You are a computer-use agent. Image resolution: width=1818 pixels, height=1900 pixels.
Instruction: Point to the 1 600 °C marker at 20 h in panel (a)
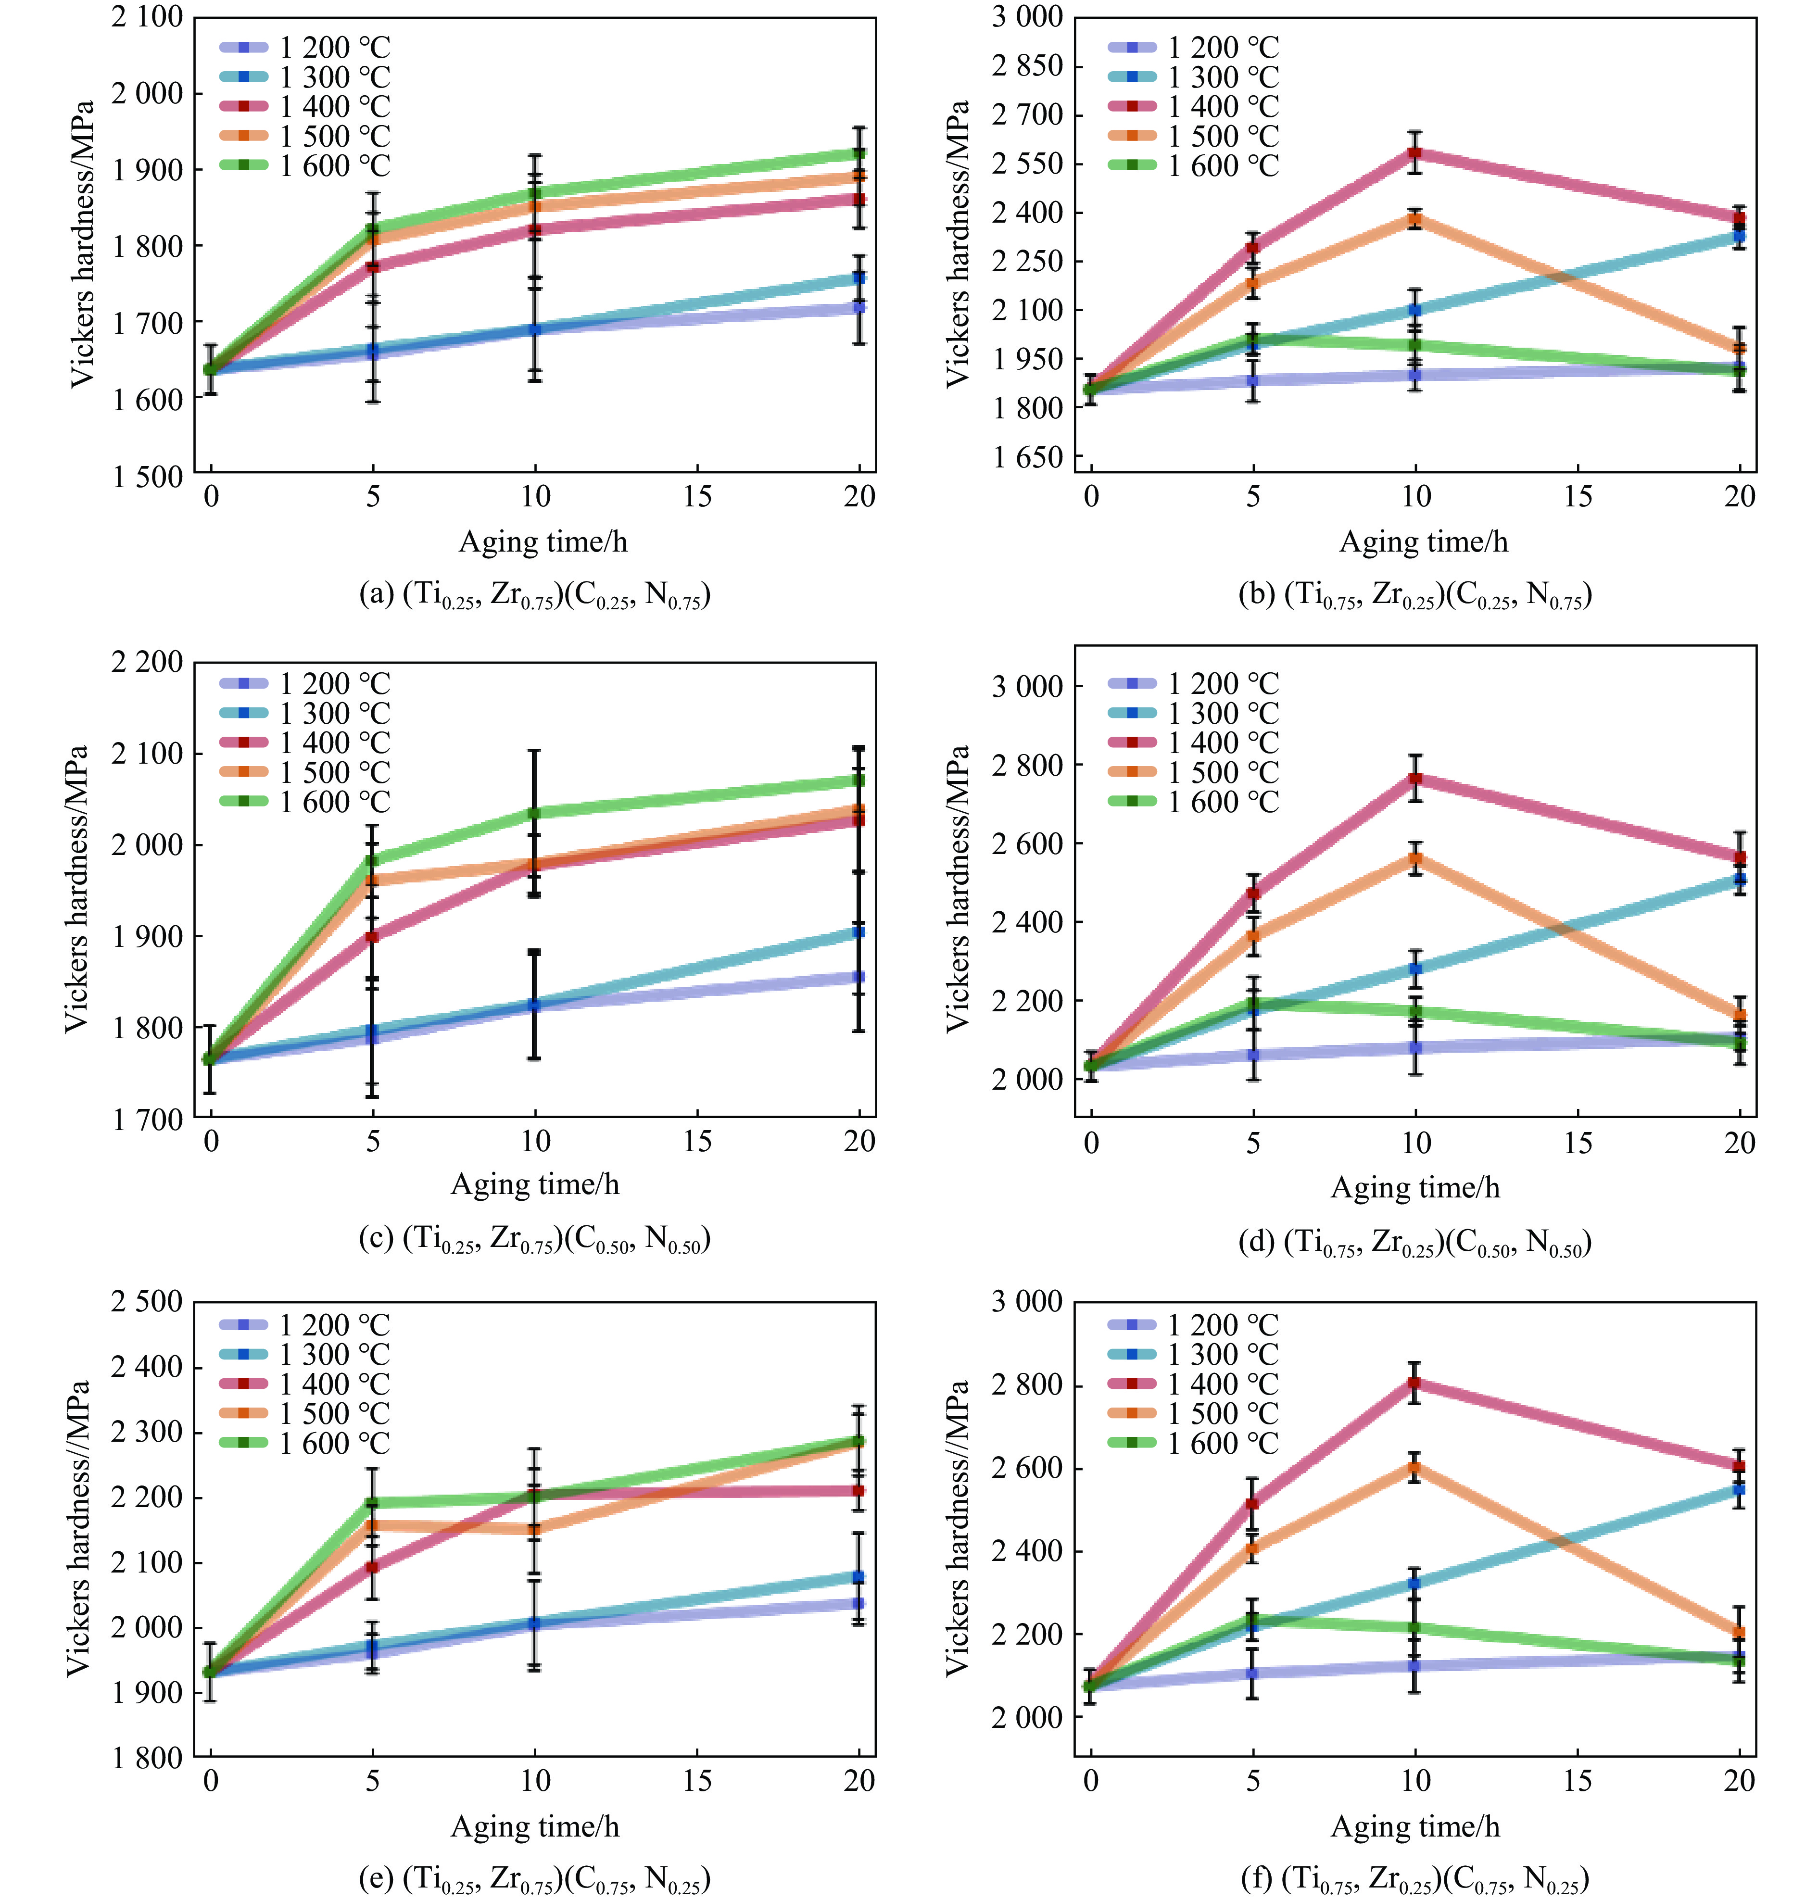tap(858, 153)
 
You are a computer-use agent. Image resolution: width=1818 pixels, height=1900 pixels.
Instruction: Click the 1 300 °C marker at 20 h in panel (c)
tap(858, 931)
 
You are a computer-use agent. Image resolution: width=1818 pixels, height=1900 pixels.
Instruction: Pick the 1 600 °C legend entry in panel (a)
tap(305, 166)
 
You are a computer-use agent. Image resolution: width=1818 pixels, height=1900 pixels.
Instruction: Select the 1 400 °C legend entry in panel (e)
tap(305, 1384)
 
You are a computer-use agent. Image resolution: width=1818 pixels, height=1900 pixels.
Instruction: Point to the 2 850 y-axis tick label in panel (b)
tap(1027, 66)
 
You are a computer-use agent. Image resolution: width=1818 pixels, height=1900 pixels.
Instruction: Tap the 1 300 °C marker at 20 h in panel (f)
tap(1740, 1489)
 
